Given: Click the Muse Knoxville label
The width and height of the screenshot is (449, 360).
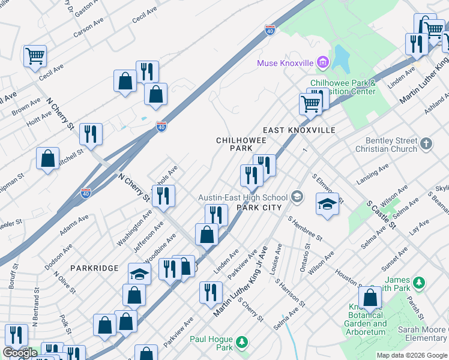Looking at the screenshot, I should (x=285, y=63).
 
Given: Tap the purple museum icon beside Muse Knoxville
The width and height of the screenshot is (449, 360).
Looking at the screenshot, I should (x=322, y=62).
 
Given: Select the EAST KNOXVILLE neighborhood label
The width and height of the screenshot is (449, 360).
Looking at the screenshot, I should (x=298, y=130).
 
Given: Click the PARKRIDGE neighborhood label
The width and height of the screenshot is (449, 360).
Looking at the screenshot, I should (x=92, y=268).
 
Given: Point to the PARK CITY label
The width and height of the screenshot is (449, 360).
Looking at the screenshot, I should (x=259, y=208).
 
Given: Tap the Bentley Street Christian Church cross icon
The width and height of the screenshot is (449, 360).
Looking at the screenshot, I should (x=426, y=143).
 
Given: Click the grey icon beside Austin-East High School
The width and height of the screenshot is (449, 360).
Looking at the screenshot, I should (x=297, y=197).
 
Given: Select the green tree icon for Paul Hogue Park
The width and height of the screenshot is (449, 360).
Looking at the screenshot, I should (x=241, y=342).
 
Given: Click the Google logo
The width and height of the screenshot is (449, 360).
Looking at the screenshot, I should (x=19, y=353).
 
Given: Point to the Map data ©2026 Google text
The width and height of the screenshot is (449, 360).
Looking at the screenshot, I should (x=411, y=355).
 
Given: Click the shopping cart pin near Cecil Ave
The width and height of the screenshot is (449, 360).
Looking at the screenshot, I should (x=35, y=56).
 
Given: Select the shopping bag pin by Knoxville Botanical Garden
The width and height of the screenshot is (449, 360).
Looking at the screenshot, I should (x=370, y=297).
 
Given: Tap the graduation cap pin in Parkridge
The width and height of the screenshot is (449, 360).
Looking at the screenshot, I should (x=139, y=274).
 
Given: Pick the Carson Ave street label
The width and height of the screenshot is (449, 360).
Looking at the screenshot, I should (x=88, y=28).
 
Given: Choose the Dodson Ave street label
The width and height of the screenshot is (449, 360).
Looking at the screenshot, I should (x=59, y=256).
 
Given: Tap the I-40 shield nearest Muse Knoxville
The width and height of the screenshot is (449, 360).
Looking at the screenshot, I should (x=270, y=30).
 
